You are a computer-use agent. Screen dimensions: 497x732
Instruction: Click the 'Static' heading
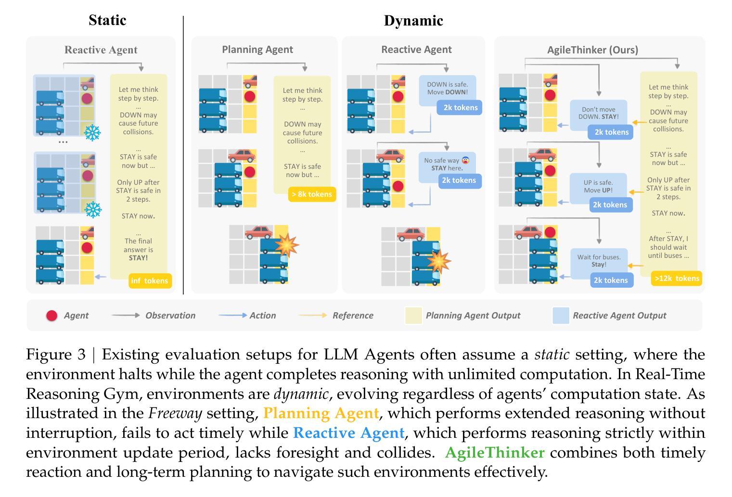[107, 20]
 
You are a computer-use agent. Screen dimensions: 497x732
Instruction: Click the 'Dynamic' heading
[413, 21]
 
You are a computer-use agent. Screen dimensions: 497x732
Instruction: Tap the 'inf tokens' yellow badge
[150, 280]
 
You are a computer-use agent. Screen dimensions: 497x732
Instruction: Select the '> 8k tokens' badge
[311, 194]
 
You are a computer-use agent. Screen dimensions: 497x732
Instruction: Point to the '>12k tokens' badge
[676, 278]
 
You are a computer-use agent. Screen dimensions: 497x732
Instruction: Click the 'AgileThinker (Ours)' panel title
[592, 50]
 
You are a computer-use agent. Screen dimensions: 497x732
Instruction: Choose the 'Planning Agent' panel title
[257, 49]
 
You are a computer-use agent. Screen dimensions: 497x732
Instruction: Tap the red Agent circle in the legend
[51, 316]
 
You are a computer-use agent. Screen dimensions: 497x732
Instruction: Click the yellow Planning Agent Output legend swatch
[413, 315]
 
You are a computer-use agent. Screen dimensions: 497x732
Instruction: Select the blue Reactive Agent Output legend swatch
[561, 315]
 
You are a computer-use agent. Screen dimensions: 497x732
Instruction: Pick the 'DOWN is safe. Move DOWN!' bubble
[447, 89]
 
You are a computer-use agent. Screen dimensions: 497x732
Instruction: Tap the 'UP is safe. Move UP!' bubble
[598, 186]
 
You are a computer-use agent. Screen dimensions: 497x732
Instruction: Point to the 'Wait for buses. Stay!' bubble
[599, 261]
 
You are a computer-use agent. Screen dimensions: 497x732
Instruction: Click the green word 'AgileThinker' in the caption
[495, 453]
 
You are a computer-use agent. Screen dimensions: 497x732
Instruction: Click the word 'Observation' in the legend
[170, 316]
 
